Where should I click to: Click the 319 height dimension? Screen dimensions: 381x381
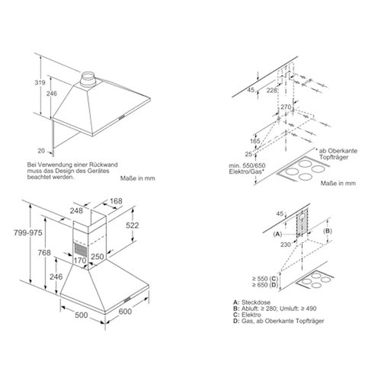[40, 82]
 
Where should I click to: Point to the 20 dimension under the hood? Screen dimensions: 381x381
[41, 151]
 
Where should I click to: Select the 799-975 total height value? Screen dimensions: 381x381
[28, 232]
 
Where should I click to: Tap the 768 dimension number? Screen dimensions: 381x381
[44, 252]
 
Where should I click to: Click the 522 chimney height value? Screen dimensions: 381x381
[133, 226]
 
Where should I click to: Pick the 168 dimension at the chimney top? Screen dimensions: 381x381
[116, 201]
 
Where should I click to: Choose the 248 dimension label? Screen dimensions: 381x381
[76, 210]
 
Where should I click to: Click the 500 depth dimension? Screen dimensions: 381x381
[82, 315]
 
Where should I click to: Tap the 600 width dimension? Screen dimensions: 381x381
[125, 312]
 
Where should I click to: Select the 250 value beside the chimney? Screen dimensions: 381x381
[98, 257]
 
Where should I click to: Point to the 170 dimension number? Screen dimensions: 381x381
[80, 261]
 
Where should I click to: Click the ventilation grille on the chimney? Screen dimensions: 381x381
[81, 249]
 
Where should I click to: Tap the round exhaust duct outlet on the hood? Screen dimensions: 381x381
[88, 80]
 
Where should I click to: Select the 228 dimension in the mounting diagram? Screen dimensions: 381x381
[271, 90]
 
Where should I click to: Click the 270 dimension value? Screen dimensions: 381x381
[286, 107]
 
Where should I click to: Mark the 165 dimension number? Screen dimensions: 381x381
[255, 141]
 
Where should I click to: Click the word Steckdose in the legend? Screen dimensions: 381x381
[256, 303]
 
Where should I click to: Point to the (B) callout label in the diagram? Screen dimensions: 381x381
[328, 231]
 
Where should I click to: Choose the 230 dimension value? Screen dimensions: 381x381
[286, 245]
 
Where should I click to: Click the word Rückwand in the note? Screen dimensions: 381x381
[107, 165]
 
